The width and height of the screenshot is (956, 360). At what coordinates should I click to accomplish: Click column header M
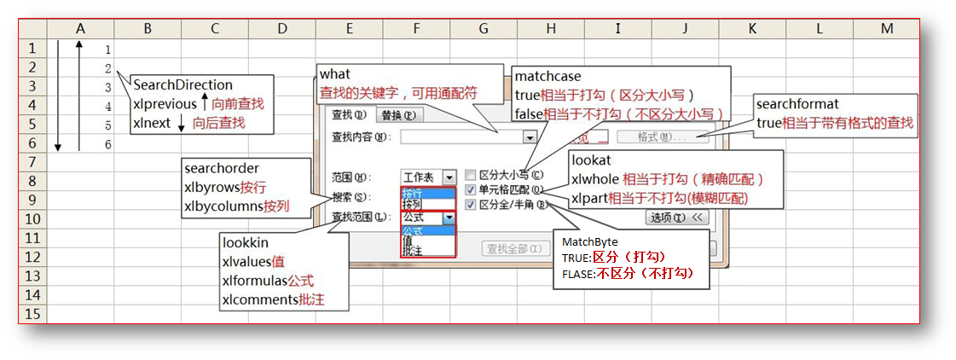click(886, 29)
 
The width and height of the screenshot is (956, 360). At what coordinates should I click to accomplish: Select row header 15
click(32, 313)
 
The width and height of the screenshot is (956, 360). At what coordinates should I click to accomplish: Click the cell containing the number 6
click(107, 144)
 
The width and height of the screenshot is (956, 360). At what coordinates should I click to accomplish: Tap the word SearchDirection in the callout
click(183, 85)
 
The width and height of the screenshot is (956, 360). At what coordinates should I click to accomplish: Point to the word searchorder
click(221, 168)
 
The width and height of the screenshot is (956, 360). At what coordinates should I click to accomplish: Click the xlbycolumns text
click(223, 206)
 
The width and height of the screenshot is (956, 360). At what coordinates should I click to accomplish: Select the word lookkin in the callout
click(245, 243)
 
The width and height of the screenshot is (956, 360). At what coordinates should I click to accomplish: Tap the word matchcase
click(548, 77)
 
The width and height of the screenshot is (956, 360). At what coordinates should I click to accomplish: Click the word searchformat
click(803, 105)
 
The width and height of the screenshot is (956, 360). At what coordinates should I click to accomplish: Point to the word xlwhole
click(594, 178)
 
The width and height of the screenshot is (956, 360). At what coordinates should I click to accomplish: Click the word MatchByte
click(589, 241)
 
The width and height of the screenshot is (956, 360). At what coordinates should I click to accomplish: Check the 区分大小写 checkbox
click(470, 175)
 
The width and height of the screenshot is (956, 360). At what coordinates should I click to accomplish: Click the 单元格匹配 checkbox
click(470, 190)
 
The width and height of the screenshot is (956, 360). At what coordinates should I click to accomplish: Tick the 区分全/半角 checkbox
click(470, 205)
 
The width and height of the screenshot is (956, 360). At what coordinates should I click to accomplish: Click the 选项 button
click(676, 218)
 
